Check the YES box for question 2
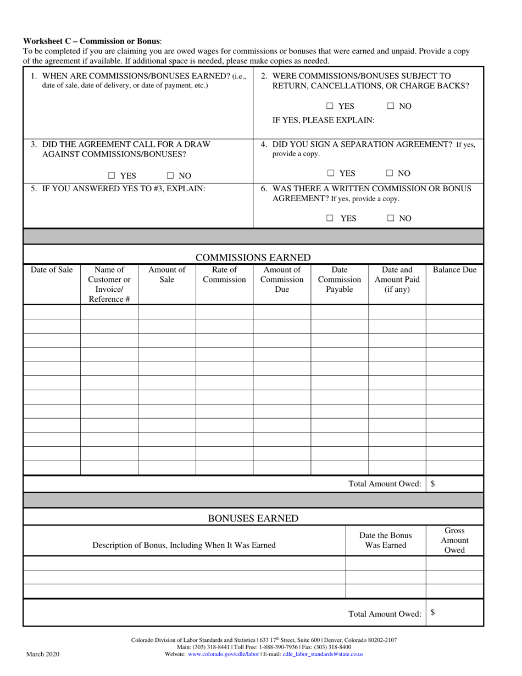point(330,106)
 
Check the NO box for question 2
point(391,106)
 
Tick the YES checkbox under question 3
point(112,176)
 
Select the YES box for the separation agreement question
point(331,173)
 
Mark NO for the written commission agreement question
point(391,218)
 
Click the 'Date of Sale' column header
point(52,270)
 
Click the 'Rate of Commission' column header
point(224,275)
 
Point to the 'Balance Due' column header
point(454,270)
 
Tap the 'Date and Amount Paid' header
point(397,279)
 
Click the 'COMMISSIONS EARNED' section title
point(253,258)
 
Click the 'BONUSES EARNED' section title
point(253,518)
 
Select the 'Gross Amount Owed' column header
point(454,540)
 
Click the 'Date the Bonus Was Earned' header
point(385,540)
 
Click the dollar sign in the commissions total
point(433,484)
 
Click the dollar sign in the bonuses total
point(433,612)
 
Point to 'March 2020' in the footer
point(43,654)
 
